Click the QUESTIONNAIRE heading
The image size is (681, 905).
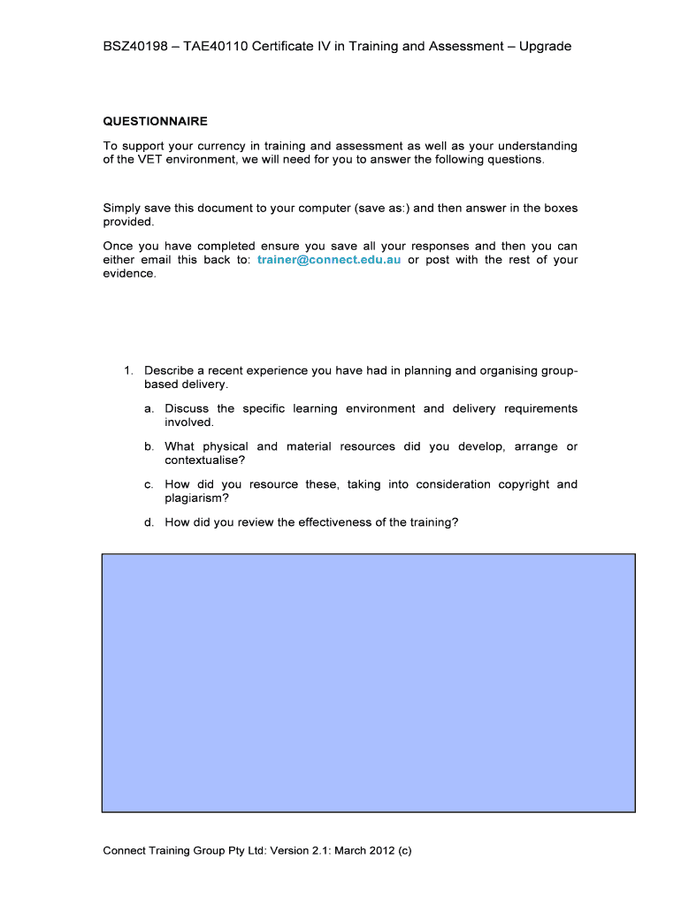pos(155,122)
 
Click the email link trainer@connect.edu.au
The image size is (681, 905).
pos(329,260)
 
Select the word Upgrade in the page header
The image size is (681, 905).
pos(545,46)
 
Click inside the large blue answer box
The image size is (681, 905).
pos(368,682)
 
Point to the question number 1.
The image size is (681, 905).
pos(127,371)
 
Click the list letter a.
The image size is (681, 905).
pos(149,409)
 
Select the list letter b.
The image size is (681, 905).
pos(149,447)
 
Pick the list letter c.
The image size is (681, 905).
pos(149,485)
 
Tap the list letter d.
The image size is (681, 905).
pos(149,522)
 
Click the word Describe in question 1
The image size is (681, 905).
pos(170,371)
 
